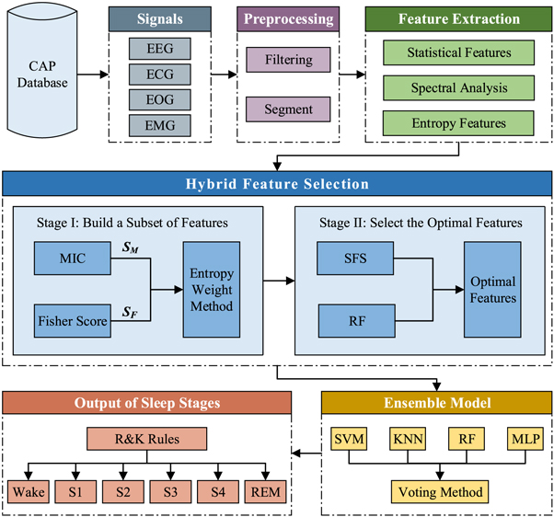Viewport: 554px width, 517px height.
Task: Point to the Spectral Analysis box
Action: tap(457, 88)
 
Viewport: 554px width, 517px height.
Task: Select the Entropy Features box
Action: tap(457, 122)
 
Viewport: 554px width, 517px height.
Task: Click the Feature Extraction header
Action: tap(457, 18)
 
